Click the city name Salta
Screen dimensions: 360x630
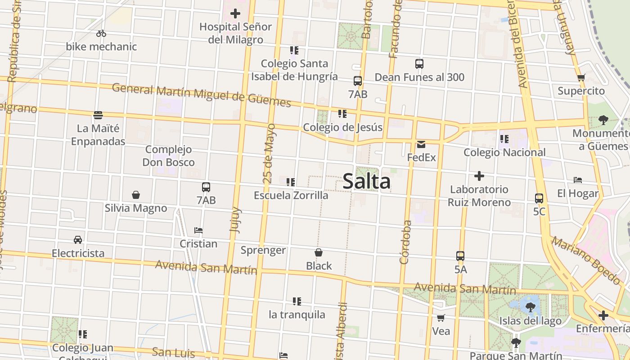366,182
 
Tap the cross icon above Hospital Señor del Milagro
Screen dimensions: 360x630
235,13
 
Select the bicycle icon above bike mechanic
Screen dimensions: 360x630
101,33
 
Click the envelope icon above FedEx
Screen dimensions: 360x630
421,144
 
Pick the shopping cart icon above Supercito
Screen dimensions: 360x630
581,77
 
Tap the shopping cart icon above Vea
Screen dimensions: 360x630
441,318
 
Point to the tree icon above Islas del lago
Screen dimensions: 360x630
530,307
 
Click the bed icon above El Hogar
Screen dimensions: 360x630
578,180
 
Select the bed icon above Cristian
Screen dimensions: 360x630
198,230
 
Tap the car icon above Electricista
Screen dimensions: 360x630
78,240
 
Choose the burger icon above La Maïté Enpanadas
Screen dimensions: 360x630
98,115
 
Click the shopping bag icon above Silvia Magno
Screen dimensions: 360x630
136,195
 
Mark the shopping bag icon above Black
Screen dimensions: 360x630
319,252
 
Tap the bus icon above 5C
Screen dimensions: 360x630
539,198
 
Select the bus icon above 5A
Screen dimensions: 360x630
460,256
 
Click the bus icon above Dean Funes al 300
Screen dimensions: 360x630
419,64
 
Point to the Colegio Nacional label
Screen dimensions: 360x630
504,153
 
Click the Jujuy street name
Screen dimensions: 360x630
235,220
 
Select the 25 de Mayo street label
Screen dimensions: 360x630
269,153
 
